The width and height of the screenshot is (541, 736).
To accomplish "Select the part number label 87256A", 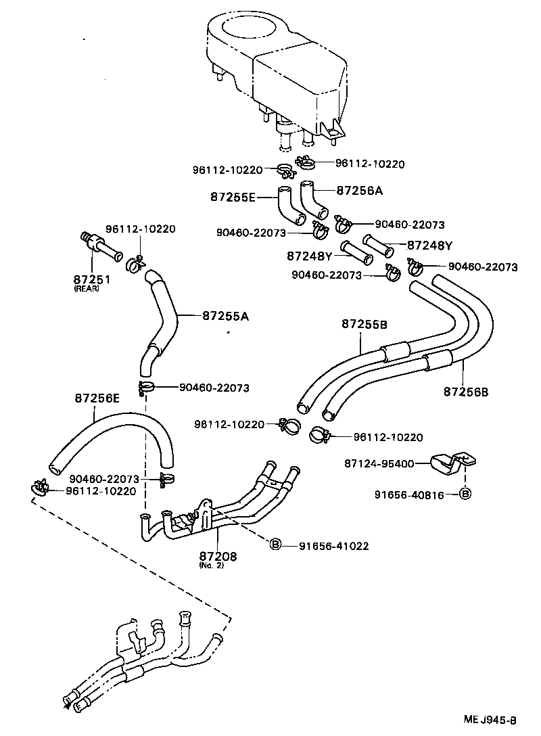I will (359, 191).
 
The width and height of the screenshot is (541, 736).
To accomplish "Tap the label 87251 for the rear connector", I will (92, 279).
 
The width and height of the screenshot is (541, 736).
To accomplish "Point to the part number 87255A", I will (225, 315).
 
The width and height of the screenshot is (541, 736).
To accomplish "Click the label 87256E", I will (97, 398).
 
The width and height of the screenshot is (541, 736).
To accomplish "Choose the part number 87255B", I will (364, 324).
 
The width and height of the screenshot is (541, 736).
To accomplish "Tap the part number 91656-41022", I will (333, 545).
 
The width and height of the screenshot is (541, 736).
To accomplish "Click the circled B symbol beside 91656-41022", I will (275, 545).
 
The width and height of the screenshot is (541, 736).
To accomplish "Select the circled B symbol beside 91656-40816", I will (465, 495).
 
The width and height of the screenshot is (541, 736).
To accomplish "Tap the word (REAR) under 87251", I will (87, 289).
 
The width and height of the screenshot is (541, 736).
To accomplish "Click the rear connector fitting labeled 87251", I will (99, 247).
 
